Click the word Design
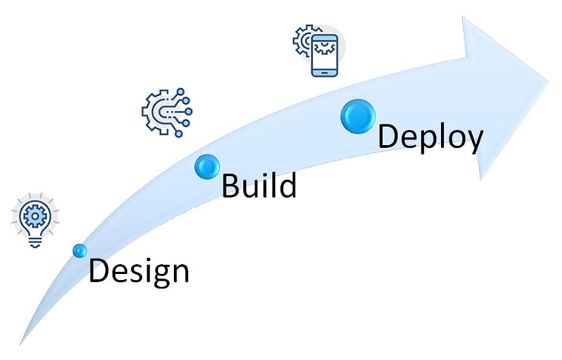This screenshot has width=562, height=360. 138,270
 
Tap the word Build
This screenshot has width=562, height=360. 258,185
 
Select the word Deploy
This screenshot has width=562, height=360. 431,137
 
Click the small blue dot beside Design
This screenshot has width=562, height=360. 79,250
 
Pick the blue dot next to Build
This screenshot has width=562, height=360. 206,166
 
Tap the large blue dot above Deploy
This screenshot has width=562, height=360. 358,117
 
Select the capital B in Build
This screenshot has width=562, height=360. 230,185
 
